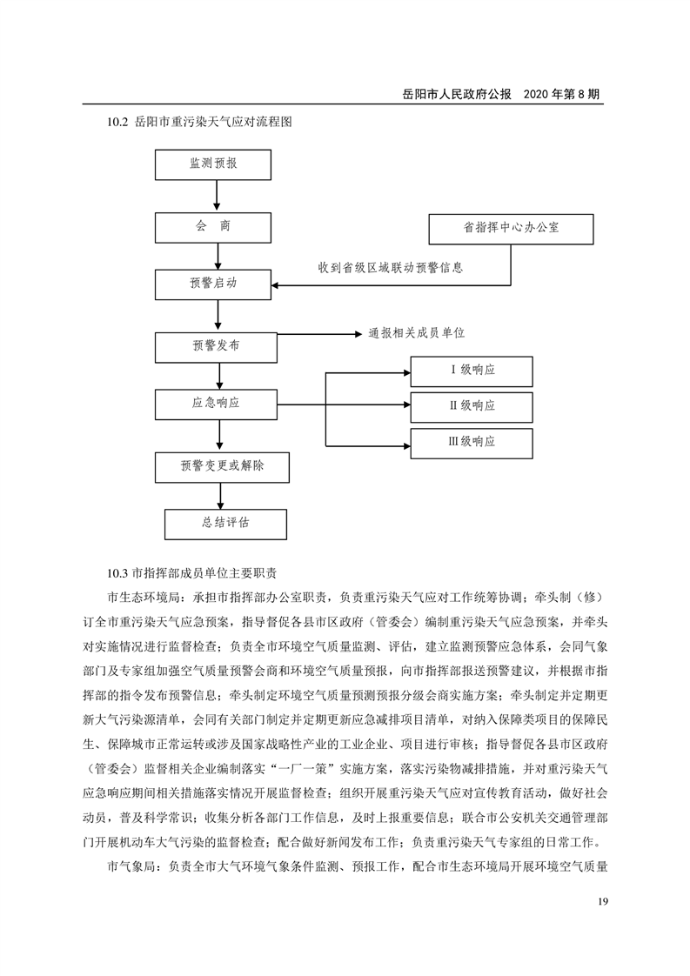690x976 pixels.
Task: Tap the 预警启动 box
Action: (x=215, y=284)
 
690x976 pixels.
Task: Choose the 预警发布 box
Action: (x=217, y=346)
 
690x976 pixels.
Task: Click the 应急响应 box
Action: (x=217, y=404)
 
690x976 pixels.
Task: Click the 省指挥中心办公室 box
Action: (x=511, y=228)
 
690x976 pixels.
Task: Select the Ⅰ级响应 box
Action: (x=472, y=371)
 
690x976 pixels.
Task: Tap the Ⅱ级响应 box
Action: (x=472, y=406)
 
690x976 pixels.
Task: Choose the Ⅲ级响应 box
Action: (x=472, y=442)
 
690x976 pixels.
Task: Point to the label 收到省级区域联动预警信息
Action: (x=390, y=269)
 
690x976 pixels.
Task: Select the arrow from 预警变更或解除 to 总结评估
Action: (x=220, y=495)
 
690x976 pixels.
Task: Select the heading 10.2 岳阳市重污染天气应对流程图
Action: (x=198, y=123)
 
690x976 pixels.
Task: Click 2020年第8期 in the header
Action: (x=564, y=93)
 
